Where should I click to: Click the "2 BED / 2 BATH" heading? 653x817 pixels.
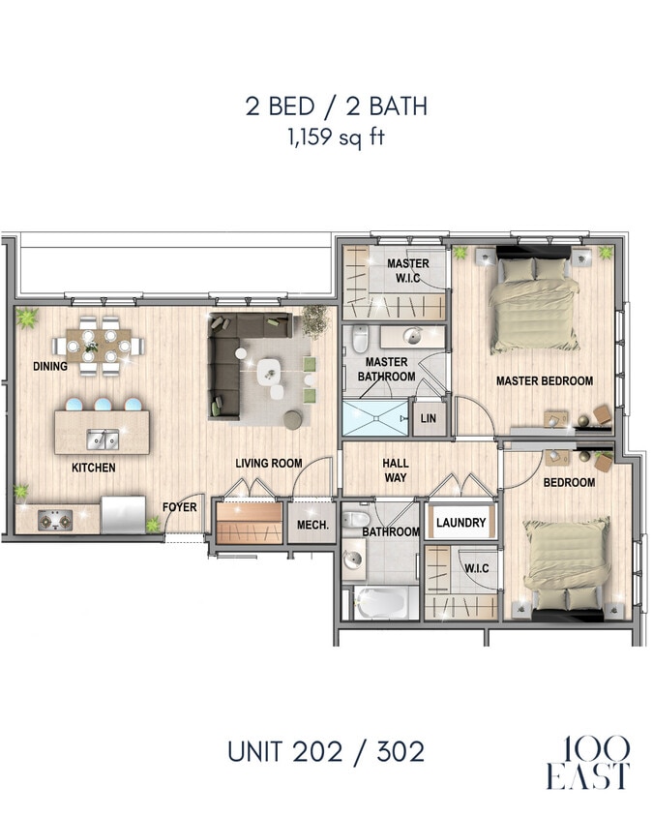pos(336,106)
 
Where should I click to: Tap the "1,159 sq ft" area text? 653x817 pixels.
pos(336,136)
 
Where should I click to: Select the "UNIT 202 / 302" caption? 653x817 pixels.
pos(326,751)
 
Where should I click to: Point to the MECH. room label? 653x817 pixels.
pos(311,526)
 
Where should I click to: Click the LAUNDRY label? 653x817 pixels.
pos(460,523)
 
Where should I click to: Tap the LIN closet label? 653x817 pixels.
pos(427,418)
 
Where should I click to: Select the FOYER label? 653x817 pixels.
pos(179,506)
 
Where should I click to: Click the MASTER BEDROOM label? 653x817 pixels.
pos(544,380)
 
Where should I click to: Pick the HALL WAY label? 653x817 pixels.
pos(395,470)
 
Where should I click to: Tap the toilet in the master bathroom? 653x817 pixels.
pos(360,339)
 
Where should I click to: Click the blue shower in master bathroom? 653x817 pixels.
pos(374,416)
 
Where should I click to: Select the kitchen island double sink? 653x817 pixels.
pos(102,440)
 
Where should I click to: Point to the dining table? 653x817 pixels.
pos(98,341)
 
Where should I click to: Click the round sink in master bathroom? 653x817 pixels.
pos(414,338)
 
